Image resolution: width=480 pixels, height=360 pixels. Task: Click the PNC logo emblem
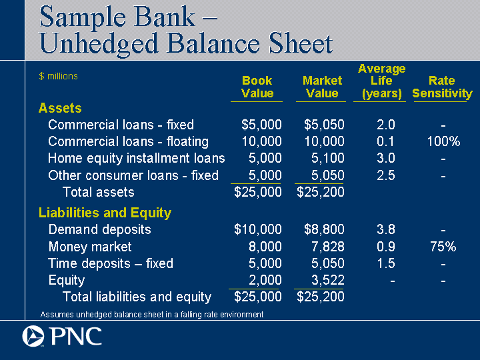point(33,336)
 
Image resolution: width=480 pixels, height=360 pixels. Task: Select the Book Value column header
point(257,87)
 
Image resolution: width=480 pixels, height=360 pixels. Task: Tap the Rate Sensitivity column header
point(442,87)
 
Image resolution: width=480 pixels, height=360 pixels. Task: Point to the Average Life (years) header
point(381,81)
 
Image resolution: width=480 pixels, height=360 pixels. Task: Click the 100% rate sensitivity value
point(443,141)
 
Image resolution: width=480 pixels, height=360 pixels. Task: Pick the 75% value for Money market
point(443,247)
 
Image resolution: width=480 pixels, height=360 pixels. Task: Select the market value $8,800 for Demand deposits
point(324,229)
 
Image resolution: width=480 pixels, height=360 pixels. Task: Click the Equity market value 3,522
point(327,280)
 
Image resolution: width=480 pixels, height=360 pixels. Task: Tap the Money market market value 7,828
point(327,247)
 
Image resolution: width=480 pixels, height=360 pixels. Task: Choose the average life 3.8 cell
point(386,229)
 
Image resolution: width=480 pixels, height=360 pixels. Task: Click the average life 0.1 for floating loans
point(385,141)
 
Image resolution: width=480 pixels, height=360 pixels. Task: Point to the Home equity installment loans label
point(137,159)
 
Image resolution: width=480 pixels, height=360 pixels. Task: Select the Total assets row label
point(98,192)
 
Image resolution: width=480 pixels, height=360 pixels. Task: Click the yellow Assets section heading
point(60,108)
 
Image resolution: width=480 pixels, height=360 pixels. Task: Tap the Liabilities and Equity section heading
point(105,213)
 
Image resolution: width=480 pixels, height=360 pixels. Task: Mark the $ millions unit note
point(59,76)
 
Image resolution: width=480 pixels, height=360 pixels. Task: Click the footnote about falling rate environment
point(152,315)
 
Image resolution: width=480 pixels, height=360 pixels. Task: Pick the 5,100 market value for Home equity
point(327,158)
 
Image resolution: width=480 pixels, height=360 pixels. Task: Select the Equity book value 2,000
point(265,280)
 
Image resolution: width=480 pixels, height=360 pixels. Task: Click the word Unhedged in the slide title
point(99,44)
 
